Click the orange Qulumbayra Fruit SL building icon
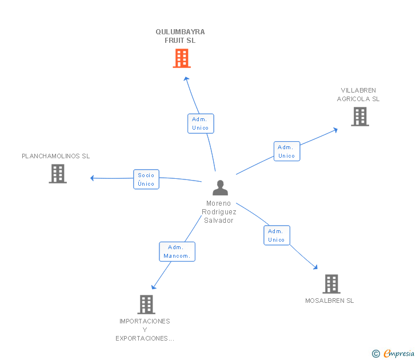[181, 58]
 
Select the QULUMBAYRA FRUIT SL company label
[180, 36]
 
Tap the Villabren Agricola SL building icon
[359, 117]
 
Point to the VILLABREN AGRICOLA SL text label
[358, 94]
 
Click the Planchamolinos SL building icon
[58, 174]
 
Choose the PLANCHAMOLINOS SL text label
[56, 156]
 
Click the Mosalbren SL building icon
[331, 283]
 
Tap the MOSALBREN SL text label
[330, 301]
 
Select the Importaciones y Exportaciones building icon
[146, 305]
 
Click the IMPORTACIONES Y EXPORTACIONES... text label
[145, 330]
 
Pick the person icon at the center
[220, 187]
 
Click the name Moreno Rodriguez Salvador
[219, 212]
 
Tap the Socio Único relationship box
[146, 179]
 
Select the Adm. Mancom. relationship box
[177, 251]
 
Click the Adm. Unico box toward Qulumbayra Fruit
[201, 123]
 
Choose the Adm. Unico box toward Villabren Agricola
[287, 151]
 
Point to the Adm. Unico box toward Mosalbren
[277, 235]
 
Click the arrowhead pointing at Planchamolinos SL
[92, 178]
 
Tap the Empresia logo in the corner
[399, 354]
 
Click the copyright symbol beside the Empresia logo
[375, 354]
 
